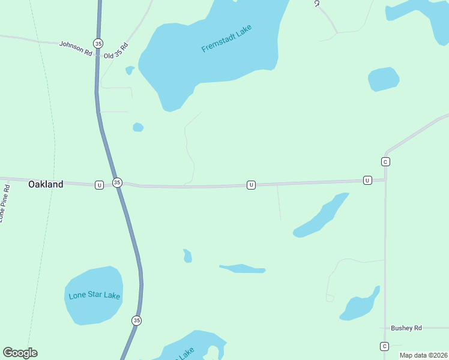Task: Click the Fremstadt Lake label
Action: pyautogui.click(x=226, y=38)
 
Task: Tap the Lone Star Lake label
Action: pyautogui.click(x=94, y=296)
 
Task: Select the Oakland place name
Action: pyautogui.click(x=46, y=185)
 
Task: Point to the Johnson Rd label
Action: pyautogui.click(x=75, y=48)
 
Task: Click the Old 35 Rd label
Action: pyautogui.click(x=116, y=51)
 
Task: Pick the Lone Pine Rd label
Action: pyautogui.click(x=5, y=203)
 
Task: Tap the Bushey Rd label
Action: pyautogui.click(x=406, y=328)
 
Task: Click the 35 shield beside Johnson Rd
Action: pyautogui.click(x=98, y=43)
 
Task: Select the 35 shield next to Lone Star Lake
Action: pyautogui.click(x=137, y=320)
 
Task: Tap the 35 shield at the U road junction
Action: pyautogui.click(x=118, y=182)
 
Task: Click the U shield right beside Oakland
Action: pyautogui.click(x=99, y=185)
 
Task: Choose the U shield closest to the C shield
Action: pyautogui.click(x=367, y=180)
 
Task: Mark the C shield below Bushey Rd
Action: pyautogui.click(x=384, y=346)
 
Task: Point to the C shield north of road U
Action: pyautogui.click(x=385, y=161)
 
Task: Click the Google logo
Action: pyautogui.click(x=20, y=353)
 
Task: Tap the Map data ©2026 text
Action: pyautogui.click(x=423, y=355)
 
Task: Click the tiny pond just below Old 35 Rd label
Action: pyautogui.click(x=130, y=70)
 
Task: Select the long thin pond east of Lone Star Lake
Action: pyautogui.click(x=242, y=269)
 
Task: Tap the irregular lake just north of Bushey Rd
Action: pyautogui.click(x=360, y=307)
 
